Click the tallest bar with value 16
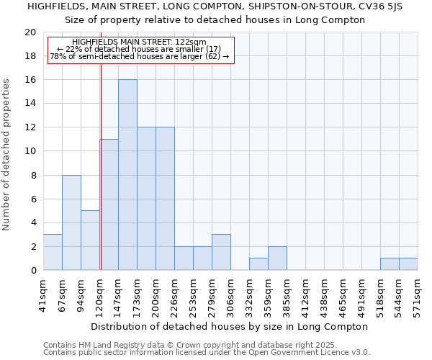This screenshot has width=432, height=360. (127, 175)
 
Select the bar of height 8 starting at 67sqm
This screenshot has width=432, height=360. (71, 222)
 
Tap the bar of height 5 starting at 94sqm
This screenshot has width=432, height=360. (90, 240)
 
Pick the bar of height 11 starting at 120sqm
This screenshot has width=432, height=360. (109, 204)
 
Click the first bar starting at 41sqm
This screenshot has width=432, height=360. (53, 252)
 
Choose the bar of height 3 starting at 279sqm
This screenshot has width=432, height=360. (221, 252)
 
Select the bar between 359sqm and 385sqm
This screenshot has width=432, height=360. (277, 258)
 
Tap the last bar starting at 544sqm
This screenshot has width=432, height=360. (408, 264)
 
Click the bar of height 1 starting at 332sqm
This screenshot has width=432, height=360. (258, 264)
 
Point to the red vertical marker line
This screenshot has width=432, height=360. (101, 180)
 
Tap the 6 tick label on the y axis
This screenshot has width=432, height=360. (32, 199)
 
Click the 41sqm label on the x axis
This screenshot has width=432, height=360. (44, 294)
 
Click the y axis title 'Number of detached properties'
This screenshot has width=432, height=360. (7, 155)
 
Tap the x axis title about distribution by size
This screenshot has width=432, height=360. (230, 326)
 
